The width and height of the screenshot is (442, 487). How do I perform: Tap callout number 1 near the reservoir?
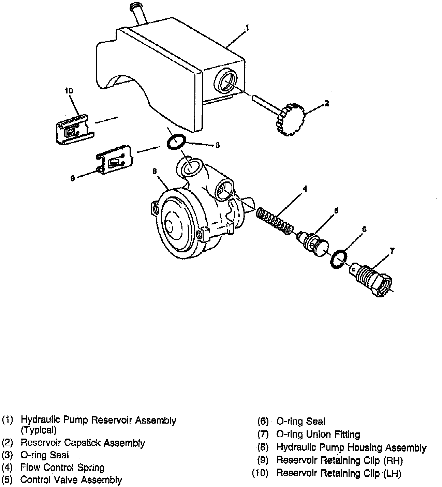tap(247, 28)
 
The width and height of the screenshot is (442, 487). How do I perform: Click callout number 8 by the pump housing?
tap(154, 172)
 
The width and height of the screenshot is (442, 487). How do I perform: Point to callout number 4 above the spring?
tap(305, 188)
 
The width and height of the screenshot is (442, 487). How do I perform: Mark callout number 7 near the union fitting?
tap(392, 251)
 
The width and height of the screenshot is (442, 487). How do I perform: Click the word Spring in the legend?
tap(91, 468)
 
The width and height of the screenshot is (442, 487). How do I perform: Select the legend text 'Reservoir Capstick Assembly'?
tap(83, 443)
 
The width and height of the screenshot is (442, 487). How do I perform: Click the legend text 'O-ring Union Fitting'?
tap(318, 434)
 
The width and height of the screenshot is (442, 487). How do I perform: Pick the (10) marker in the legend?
tap(260, 473)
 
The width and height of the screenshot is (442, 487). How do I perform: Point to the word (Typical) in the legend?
tap(39, 430)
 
